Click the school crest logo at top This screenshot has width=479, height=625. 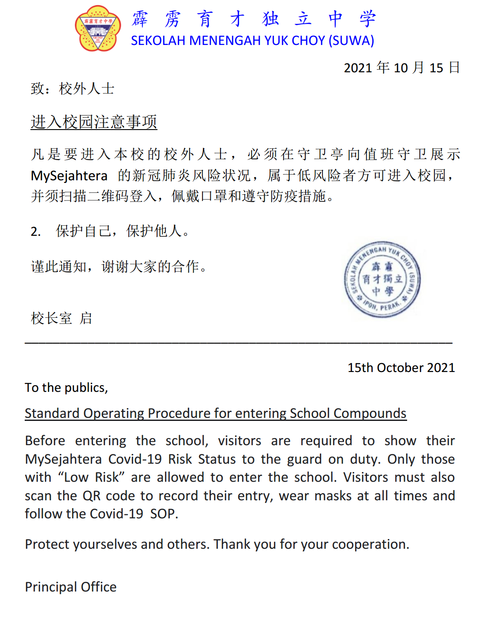coord(98,29)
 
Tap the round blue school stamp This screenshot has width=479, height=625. coord(382,279)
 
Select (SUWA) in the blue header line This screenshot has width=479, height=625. coord(352,41)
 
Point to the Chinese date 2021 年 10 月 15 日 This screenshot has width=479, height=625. coord(402,67)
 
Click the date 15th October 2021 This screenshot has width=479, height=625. coord(401,368)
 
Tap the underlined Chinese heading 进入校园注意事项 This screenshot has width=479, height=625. coord(94,122)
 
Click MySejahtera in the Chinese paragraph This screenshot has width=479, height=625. coord(69,176)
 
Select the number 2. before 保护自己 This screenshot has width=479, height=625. coord(36,231)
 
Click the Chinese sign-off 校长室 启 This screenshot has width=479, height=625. coord(61,318)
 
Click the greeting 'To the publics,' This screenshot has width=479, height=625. coord(66,387)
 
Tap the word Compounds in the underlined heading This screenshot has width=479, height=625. coord(370,413)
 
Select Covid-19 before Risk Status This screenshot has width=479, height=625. coord(136,459)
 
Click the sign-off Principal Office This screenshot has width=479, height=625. coord(71,587)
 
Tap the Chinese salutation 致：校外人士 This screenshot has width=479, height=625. coord(73,89)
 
